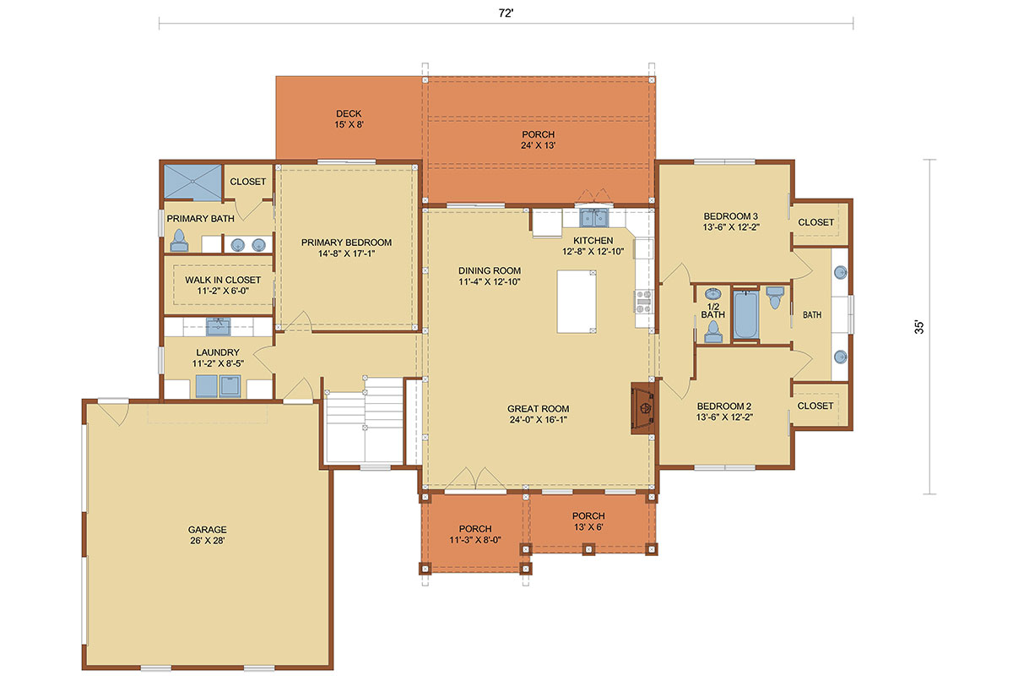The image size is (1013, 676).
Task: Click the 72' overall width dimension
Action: coord(506,14)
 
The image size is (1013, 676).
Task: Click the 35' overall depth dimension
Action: coord(919,327)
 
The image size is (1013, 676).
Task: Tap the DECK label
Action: coord(349,113)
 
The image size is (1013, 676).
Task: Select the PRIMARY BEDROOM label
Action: coord(346,243)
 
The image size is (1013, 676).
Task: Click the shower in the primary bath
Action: coord(192,182)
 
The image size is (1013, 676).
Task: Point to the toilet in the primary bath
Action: coord(179,241)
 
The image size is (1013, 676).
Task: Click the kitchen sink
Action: coord(593,218)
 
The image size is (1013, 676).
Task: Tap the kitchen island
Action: coord(576,302)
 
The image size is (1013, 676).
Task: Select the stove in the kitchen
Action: coord(643,302)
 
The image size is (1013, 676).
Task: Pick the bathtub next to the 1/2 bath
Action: coord(745,314)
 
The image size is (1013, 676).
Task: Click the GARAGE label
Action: coord(207,529)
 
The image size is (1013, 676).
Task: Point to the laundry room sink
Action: coord(218,326)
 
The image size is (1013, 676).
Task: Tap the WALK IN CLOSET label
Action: coord(223,281)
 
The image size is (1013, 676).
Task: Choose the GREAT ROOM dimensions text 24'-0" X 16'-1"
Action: coord(539,420)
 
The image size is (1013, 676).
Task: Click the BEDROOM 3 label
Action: coord(731,216)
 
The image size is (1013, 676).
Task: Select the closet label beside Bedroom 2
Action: coord(815,406)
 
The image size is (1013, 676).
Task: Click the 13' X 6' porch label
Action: coord(588,527)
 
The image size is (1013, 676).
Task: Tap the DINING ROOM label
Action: coord(490,270)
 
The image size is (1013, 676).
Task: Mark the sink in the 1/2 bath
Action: coord(713,294)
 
